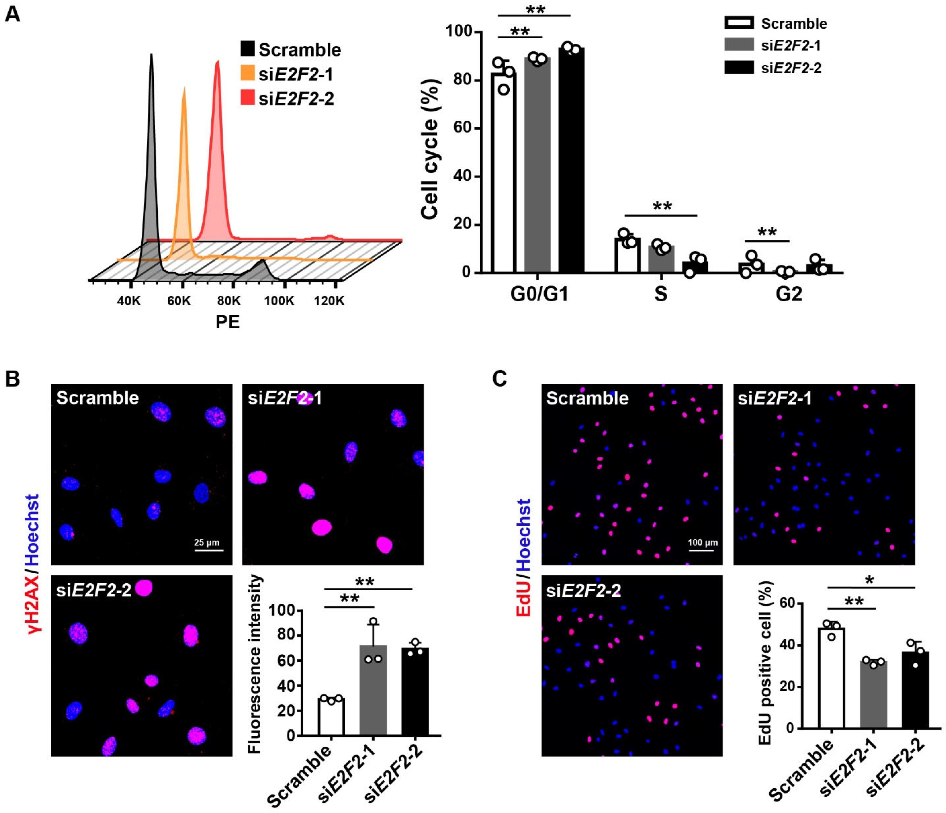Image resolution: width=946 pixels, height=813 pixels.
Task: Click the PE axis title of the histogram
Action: pos(227,323)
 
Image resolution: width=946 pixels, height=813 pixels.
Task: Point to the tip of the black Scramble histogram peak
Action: pos(151,55)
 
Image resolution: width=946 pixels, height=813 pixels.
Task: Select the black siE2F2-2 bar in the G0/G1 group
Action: pos(571,160)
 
